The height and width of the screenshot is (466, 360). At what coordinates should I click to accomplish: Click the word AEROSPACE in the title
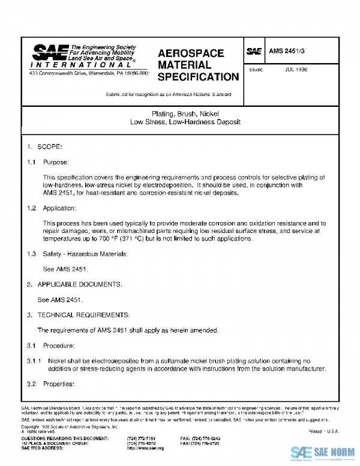coord(191,53)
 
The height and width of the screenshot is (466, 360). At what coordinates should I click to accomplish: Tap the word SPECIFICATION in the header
coord(198,77)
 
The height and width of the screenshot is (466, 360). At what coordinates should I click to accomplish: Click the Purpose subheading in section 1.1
coord(56,162)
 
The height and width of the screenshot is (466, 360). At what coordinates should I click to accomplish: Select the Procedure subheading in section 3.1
coord(59,345)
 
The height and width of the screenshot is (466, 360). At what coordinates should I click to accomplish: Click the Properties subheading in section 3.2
coord(59,383)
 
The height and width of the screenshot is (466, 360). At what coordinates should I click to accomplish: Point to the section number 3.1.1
coord(33,361)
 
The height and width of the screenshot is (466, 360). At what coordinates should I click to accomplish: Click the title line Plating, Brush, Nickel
coord(185,113)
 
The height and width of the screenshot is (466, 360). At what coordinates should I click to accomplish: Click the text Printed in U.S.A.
coord(323,432)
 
